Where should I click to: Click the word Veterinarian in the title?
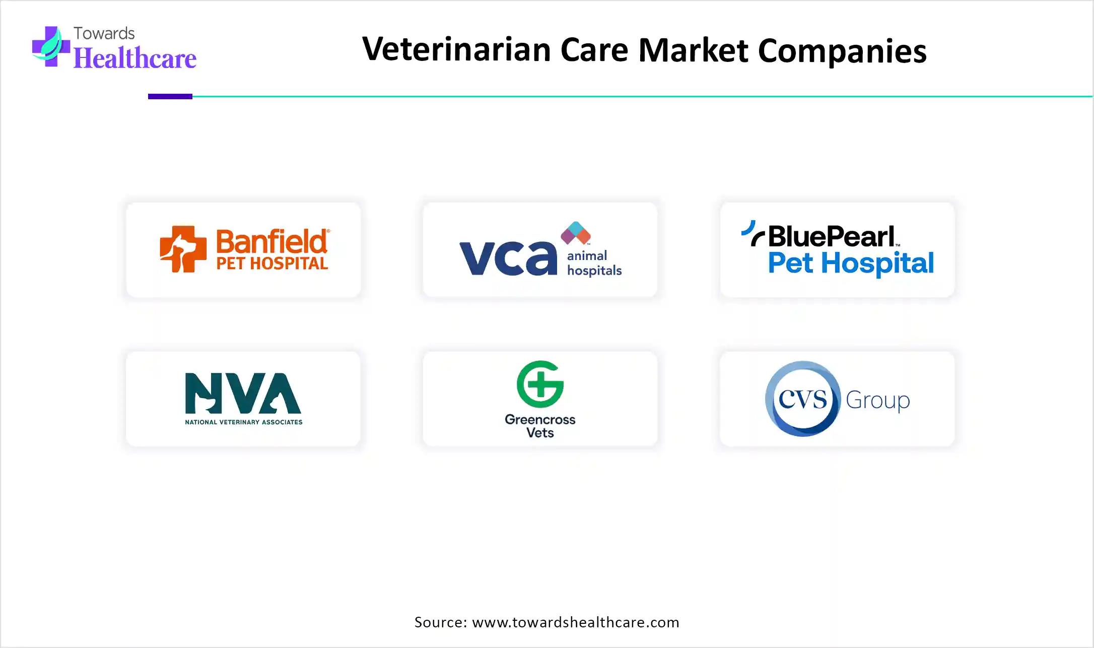click(x=456, y=50)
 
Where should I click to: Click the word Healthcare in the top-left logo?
click(x=135, y=58)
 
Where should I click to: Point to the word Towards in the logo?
click(x=104, y=33)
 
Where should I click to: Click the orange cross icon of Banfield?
click(x=183, y=249)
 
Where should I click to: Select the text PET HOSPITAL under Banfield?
click(x=272, y=264)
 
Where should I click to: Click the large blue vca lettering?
click(x=508, y=257)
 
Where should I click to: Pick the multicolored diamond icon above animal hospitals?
click(x=576, y=233)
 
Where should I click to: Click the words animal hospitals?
click(x=594, y=263)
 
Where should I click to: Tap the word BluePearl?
click(x=831, y=236)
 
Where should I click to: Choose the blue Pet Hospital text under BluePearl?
click(x=851, y=263)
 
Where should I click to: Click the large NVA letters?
click(x=243, y=393)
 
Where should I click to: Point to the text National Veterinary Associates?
click(x=243, y=422)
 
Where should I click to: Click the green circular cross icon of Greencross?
click(x=540, y=384)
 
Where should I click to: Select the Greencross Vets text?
click(x=540, y=426)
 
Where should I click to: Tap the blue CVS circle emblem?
click(x=803, y=399)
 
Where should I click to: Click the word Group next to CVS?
click(x=877, y=401)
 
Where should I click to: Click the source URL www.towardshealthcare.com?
click(x=575, y=622)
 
